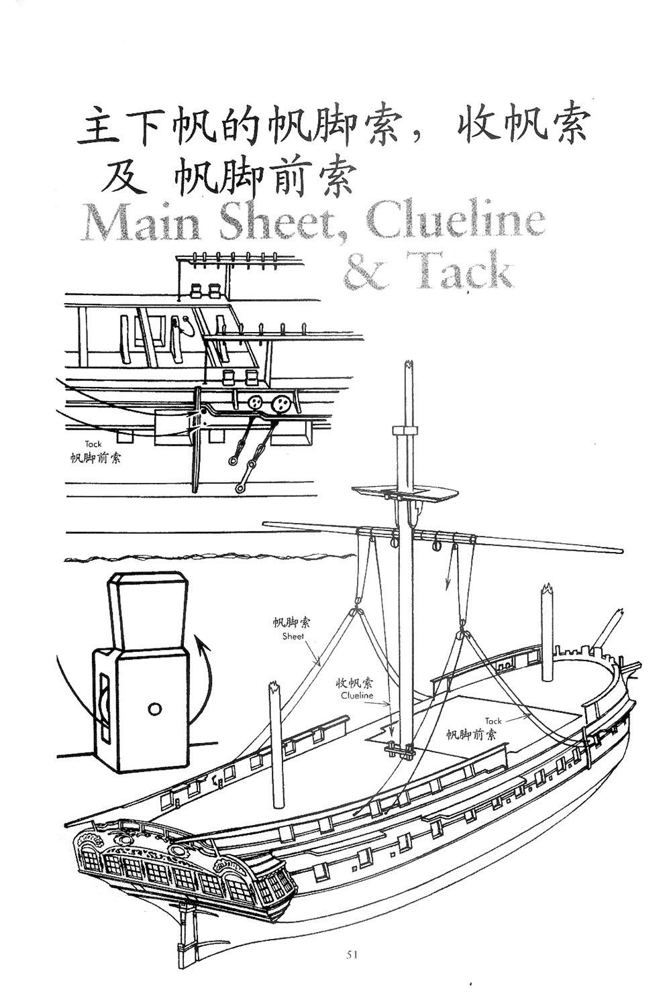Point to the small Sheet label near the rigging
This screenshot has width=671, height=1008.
293,636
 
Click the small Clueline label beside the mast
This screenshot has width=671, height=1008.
356,695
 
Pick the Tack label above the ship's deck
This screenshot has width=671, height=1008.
493,721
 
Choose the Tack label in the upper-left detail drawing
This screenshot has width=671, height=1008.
93,444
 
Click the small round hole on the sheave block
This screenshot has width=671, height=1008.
155,708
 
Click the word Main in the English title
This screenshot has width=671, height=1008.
142,223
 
